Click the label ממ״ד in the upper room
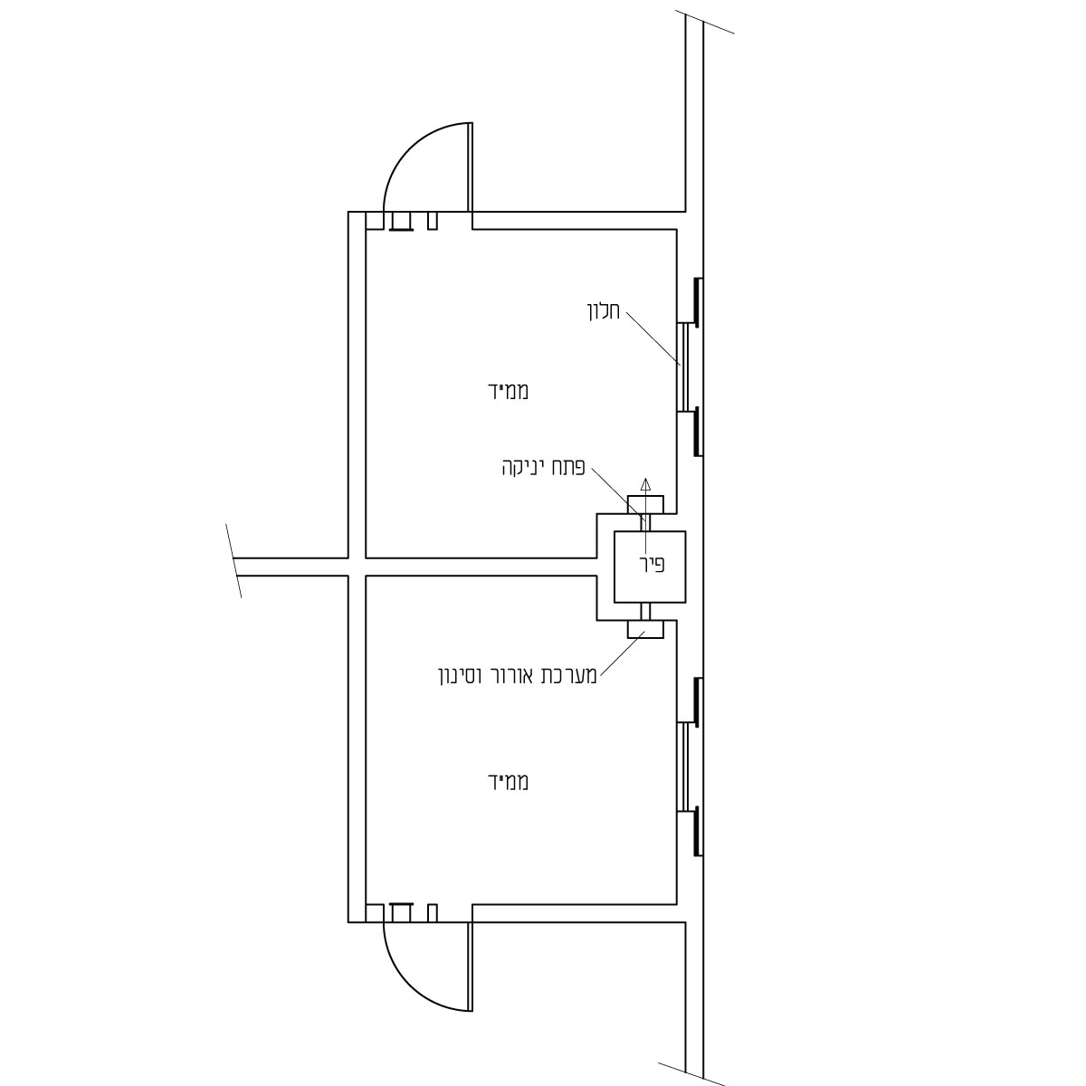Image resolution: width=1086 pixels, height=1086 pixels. (508, 391)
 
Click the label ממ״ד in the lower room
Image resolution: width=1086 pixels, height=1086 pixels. (508, 782)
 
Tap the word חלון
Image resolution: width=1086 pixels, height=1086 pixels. (604, 311)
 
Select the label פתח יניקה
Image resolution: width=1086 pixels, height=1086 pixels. (543, 467)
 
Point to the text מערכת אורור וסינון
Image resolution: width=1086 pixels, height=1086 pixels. (518, 676)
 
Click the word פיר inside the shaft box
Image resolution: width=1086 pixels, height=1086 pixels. (653, 564)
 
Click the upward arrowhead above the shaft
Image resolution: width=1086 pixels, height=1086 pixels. (646, 483)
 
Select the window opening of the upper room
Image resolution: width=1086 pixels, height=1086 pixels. (682, 367)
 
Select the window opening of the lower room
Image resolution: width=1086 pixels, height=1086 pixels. (682, 767)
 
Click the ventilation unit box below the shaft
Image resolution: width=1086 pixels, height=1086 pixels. (646, 630)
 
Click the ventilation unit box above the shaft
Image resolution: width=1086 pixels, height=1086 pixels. (646, 504)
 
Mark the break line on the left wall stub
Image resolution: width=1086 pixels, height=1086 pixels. (233, 560)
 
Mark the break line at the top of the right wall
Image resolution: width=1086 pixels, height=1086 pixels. (704, 22)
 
